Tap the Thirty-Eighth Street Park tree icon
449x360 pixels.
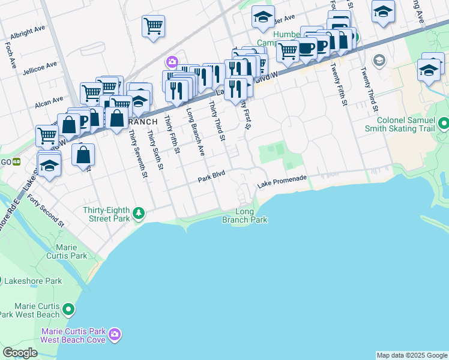tap(139, 213)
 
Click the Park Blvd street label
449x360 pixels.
tap(211, 179)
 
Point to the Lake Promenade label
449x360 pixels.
tap(282, 182)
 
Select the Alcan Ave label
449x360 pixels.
tap(49, 101)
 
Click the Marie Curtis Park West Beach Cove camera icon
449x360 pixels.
tap(115, 334)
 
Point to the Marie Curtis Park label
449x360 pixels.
tap(71, 251)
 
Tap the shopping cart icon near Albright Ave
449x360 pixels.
tap(153, 26)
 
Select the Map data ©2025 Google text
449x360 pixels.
tap(412, 355)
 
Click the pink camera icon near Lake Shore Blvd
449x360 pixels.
tap(172, 62)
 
